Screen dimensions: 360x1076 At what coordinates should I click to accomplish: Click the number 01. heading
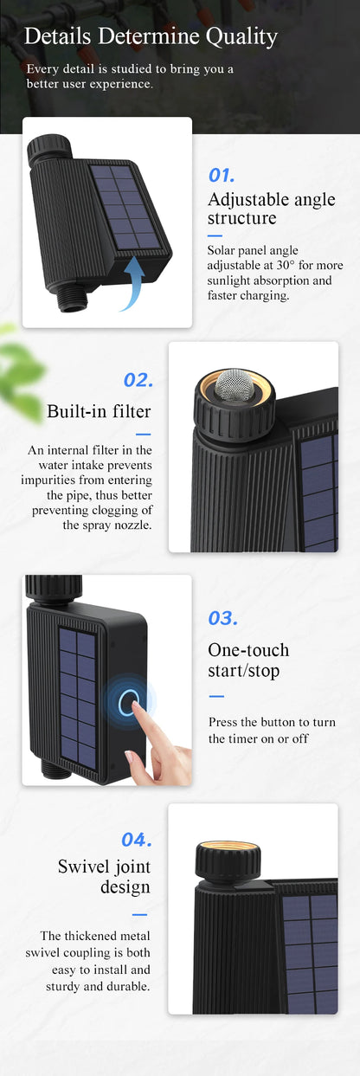click(222, 176)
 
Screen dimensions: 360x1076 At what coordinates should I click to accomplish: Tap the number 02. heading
click(138, 380)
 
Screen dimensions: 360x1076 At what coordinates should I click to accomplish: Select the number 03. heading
click(222, 618)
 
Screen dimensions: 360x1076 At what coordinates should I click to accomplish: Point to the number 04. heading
click(137, 840)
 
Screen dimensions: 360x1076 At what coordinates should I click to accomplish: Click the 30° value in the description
click(286, 265)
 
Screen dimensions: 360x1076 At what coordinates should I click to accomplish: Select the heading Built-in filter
click(99, 411)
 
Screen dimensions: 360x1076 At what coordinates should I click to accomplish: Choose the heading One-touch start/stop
click(248, 660)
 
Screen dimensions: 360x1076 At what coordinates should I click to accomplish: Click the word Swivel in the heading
click(83, 867)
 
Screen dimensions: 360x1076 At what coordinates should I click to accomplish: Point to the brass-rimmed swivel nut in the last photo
click(228, 860)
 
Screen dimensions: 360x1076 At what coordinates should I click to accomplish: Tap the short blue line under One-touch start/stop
click(216, 696)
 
